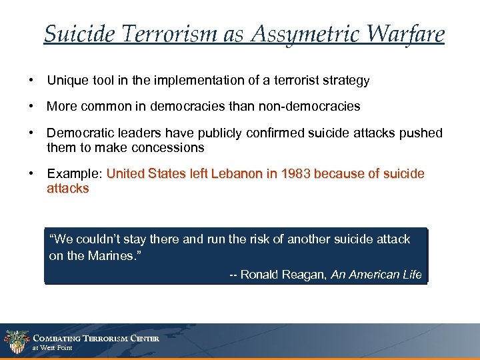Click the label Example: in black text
pos(75,174)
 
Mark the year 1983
pos(296,174)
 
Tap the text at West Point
pos(52,348)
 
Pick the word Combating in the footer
pos(58,338)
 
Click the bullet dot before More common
pos(31,106)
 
